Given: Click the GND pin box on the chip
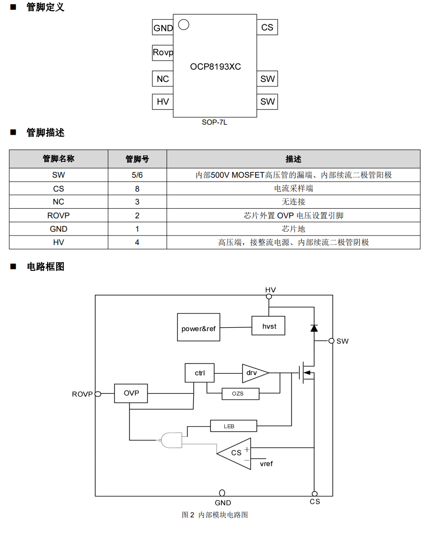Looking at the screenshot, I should tap(163, 28).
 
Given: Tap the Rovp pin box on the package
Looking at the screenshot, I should tap(163, 53).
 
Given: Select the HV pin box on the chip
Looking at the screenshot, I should tap(163, 102).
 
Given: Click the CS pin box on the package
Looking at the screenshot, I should tap(267, 27).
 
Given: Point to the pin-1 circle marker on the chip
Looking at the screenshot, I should tap(183, 24).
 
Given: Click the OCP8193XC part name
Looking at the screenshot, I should tap(215, 67).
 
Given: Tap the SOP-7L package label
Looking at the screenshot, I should tap(214, 122).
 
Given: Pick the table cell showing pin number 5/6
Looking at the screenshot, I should tap(137, 175).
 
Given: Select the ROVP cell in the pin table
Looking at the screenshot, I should tap(58, 215).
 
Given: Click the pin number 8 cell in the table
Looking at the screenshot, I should tap(137, 189).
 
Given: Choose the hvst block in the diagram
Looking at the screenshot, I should tap(269, 326).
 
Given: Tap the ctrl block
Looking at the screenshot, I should tap(199, 373).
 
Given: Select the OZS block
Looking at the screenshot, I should tap(240, 394).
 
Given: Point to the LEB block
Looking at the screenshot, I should tap(233, 426).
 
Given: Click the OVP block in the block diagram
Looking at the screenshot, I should tap(131, 393).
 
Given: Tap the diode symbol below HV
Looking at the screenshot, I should tap(314, 328).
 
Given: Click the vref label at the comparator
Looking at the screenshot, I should tap(266, 463).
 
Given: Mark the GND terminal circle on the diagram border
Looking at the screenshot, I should tap(222, 493).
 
